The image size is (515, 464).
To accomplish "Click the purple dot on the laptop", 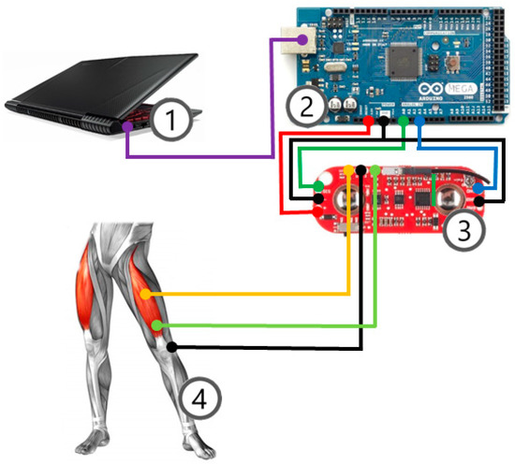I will (x=127, y=127).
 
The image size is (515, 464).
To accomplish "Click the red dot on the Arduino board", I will (x=368, y=121).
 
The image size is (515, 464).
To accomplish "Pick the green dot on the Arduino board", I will (x=403, y=121).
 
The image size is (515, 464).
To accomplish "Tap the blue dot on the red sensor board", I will (x=478, y=189).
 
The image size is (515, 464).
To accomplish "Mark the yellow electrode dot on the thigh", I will (x=145, y=295).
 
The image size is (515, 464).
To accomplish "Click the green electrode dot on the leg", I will (x=157, y=325).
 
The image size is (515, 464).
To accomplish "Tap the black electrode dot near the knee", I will (x=172, y=347).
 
